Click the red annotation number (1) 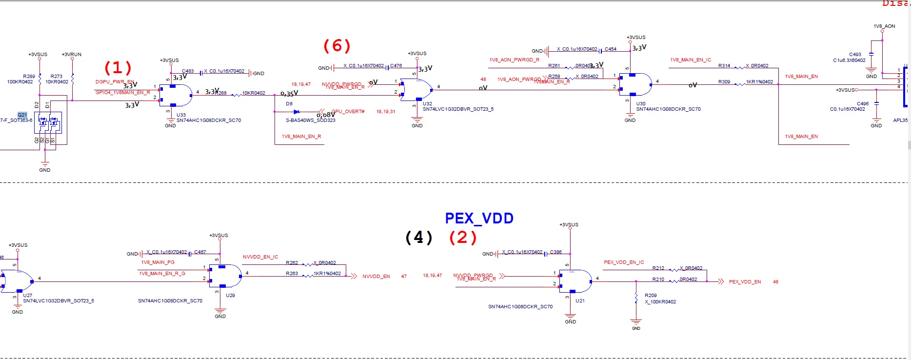click(x=118, y=67)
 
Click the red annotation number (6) click(x=337, y=46)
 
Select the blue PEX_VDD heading click(x=479, y=218)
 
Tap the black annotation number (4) click(x=419, y=238)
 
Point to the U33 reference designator click(x=181, y=115)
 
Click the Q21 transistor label click(x=22, y=115)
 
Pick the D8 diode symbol click(x=297, y=112)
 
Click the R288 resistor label click(x=221, y=93)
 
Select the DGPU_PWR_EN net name click(x=115, y=81)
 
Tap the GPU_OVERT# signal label click(x=348, y=112)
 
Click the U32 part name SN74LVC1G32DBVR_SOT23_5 click(x=458, y=109)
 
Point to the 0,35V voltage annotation click(x=289, y=94)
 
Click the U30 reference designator click(x=641, y=104)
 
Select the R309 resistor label click(x=724, y=82)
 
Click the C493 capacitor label click(x=855, y=55)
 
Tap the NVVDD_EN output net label click(x=376, y=277)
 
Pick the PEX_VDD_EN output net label click(x=745, y=282)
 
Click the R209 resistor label click(x=651, y=296)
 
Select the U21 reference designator click(x=580, y=301)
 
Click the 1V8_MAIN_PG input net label click(x=158, y=262)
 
